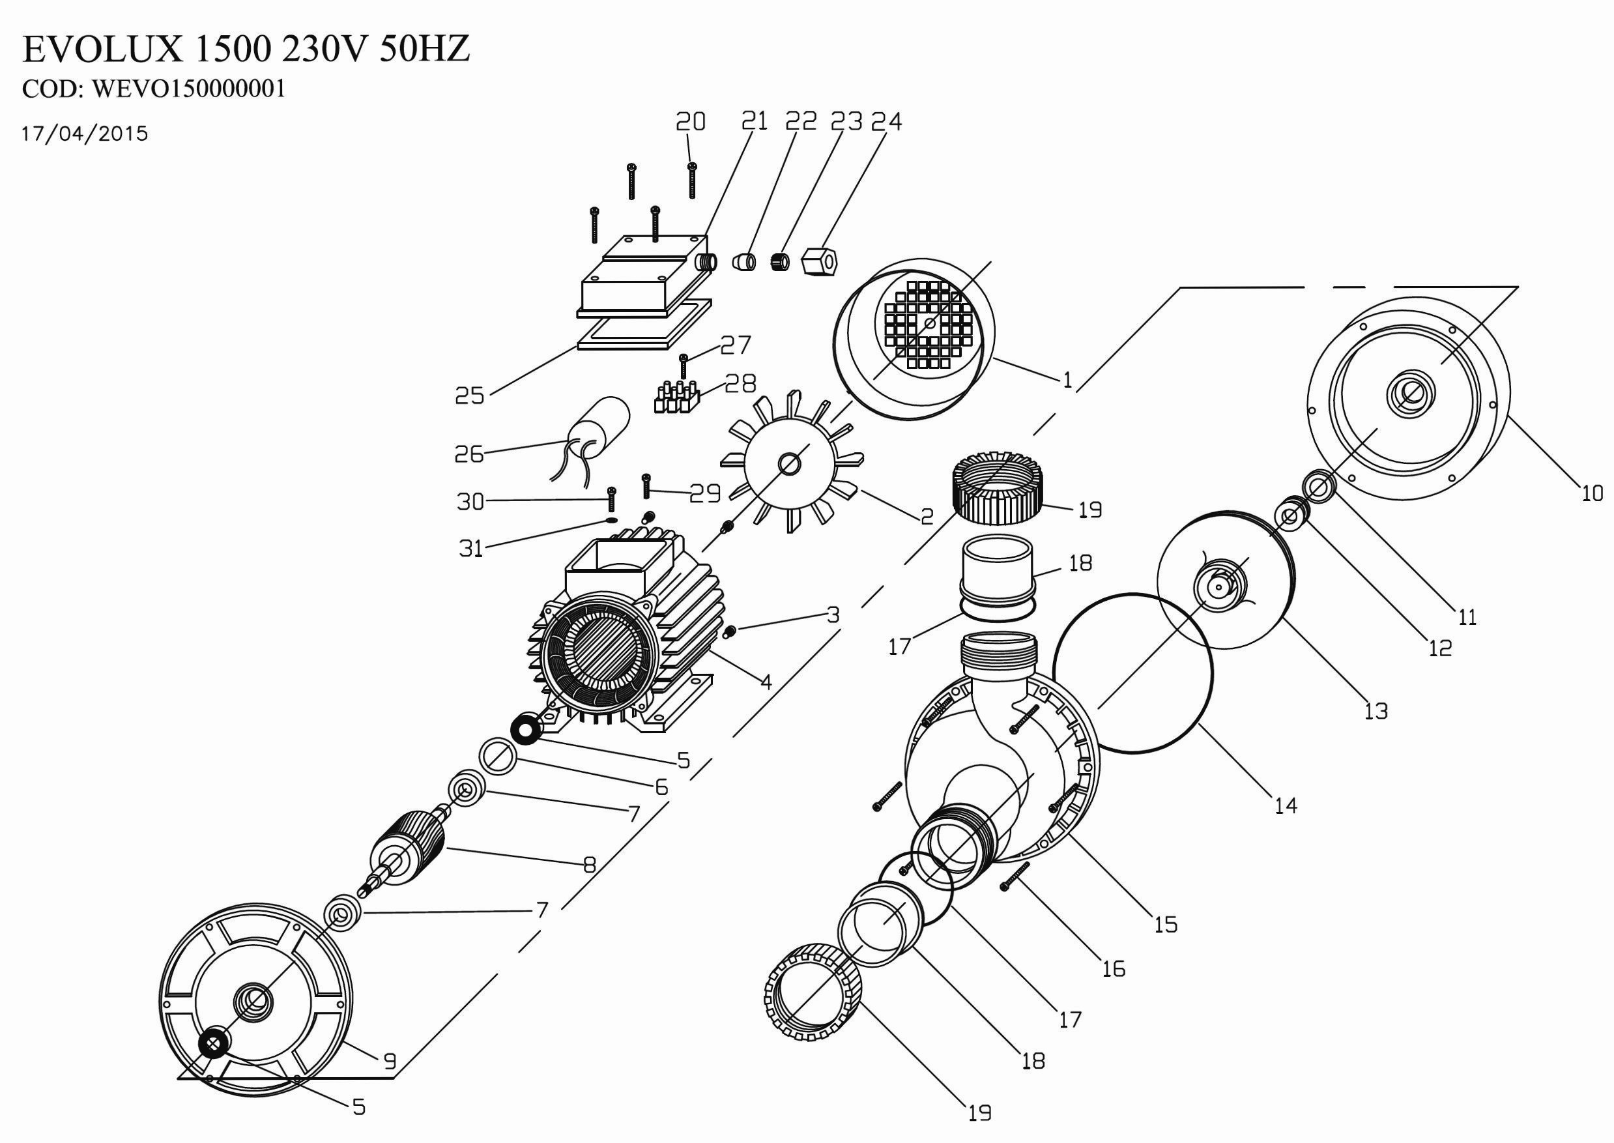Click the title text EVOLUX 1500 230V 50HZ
(x=246, y=50)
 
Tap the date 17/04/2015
(x=85, y=134)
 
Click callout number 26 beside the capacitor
(x=468, y=455)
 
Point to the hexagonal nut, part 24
(x=819, y=263)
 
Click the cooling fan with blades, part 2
(x=788, y=464)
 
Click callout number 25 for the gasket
(x=469, y=396)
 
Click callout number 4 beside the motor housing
(x=766, y=681)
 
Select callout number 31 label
(x=470, y=548)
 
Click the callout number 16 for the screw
(x=1114, y=969)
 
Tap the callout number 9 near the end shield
(x=389, y=1062)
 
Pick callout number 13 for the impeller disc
(x=1376, y=712)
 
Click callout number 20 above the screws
(x=690, y=122)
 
